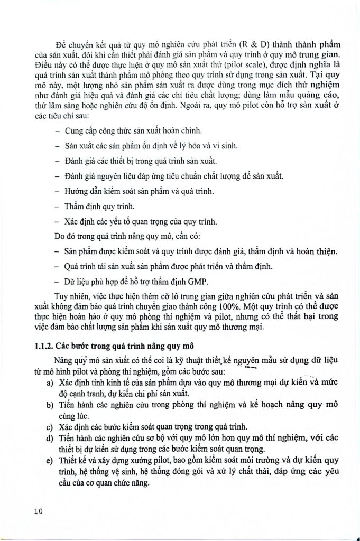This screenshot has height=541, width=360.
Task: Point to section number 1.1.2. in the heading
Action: point(41,347)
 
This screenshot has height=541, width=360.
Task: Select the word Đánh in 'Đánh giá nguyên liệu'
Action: point(75,176)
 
